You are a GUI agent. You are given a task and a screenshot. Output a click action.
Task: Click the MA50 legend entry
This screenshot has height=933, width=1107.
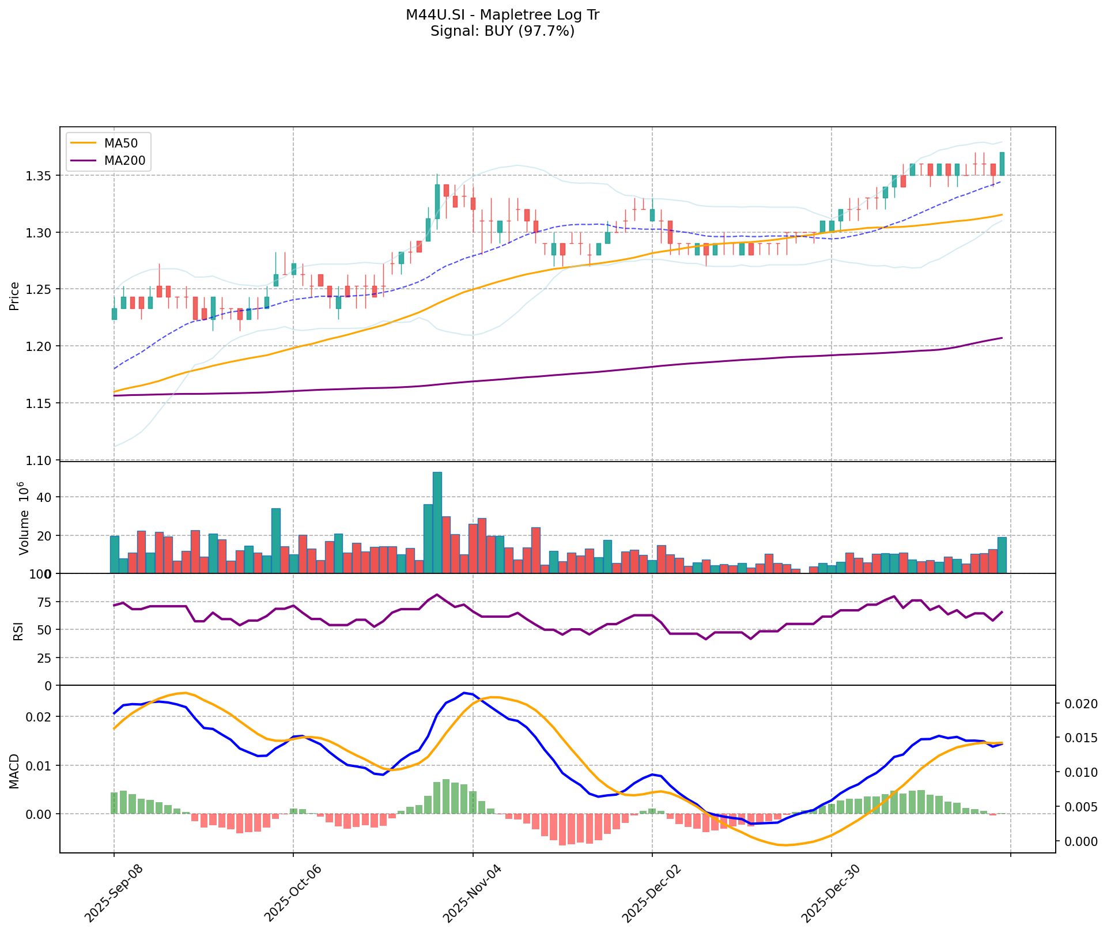120,143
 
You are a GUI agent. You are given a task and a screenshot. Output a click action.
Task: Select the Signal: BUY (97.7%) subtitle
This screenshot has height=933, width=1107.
503,31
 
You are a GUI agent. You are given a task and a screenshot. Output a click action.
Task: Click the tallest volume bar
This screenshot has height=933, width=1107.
437,522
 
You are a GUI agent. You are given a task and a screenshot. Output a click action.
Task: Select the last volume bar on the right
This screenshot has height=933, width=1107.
1002,555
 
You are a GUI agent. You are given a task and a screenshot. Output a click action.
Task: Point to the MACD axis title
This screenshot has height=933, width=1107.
14,771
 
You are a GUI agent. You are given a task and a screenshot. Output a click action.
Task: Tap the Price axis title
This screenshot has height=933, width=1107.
14,296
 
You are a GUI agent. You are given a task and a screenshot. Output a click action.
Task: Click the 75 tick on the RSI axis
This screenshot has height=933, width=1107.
44,602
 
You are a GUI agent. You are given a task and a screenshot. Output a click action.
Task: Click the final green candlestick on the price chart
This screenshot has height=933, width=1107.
1002,164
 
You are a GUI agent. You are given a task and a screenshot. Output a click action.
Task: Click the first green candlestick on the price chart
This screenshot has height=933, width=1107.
114,313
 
